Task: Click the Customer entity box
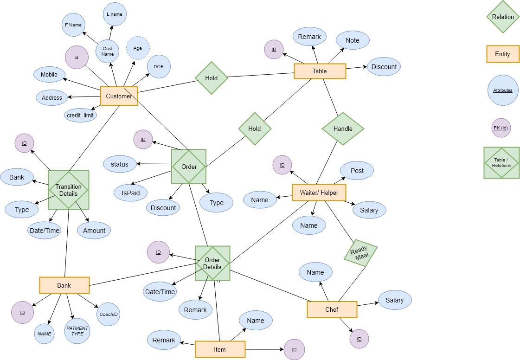pos(119,96)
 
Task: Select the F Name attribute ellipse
pos(73,25)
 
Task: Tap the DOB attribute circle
pos(159,67)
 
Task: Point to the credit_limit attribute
pos(80,115)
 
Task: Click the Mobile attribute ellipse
pos(49,74)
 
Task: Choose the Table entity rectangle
pos(320,71)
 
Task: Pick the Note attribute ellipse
pos(353,40)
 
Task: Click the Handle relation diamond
pos(343,129)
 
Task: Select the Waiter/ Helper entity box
pos(319,193)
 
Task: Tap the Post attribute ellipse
pos(357,171)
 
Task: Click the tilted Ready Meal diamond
pos(360,253)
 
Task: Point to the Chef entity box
pos(332,309)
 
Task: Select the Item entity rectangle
pos(220,349)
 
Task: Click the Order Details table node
pos(212,264)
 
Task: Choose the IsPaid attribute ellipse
pos(130,193)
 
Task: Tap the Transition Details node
pos(69,190)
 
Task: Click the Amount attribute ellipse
pos(94,231)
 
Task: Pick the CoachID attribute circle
pos(108,315)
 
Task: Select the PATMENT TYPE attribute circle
pos(77,331)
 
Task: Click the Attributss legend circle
pos(502,90)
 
